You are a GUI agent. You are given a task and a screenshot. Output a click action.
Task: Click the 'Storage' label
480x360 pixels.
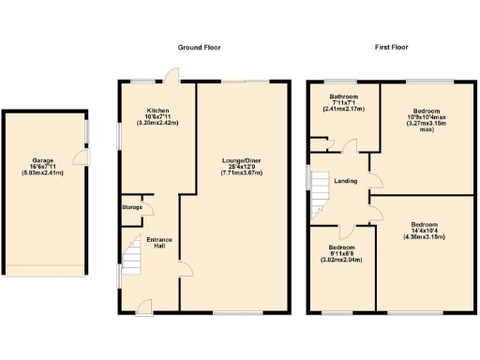click(131, 208)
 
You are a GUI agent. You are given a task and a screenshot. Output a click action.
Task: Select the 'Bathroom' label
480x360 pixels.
click(343, 97)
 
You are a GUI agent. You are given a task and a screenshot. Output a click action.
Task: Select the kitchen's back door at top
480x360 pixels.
click(168, 76)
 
